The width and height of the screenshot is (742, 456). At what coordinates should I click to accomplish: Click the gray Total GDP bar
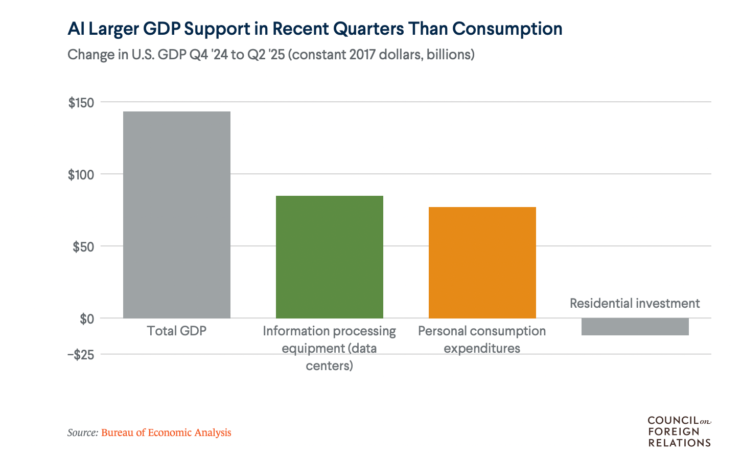(177, 215)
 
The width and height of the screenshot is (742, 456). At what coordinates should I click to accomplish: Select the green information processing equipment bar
(330, 257)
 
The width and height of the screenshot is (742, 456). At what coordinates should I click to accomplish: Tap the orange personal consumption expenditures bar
(482, 262)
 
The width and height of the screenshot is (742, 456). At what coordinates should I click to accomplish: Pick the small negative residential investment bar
(635, 327)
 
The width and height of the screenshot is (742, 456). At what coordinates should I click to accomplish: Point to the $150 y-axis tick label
(81, 103)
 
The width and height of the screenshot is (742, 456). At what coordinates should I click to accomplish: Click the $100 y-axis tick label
(81, 175)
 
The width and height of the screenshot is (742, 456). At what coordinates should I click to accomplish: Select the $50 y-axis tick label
(83, 247)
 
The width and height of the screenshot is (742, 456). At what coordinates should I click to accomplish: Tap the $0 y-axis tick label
(87, 320)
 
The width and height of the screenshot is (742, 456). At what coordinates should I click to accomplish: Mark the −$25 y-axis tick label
(81, 355)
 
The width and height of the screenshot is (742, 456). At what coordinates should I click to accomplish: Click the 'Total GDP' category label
(177, 331)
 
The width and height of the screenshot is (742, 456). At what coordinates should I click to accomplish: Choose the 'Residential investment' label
(635, 304)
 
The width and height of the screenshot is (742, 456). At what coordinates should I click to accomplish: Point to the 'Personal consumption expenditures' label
(482, 339)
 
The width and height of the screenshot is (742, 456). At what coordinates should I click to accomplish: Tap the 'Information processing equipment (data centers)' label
(330, 348)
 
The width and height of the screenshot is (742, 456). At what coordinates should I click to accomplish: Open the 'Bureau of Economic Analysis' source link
(166, 433)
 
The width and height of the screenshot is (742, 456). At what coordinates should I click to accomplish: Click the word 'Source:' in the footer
(83, 433)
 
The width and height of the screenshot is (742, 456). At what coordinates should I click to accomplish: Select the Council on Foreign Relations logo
(679, 431)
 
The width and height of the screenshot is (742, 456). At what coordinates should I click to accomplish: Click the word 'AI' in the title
(76, 29)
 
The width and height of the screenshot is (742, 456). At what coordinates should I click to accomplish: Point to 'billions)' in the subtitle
(451, 55)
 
